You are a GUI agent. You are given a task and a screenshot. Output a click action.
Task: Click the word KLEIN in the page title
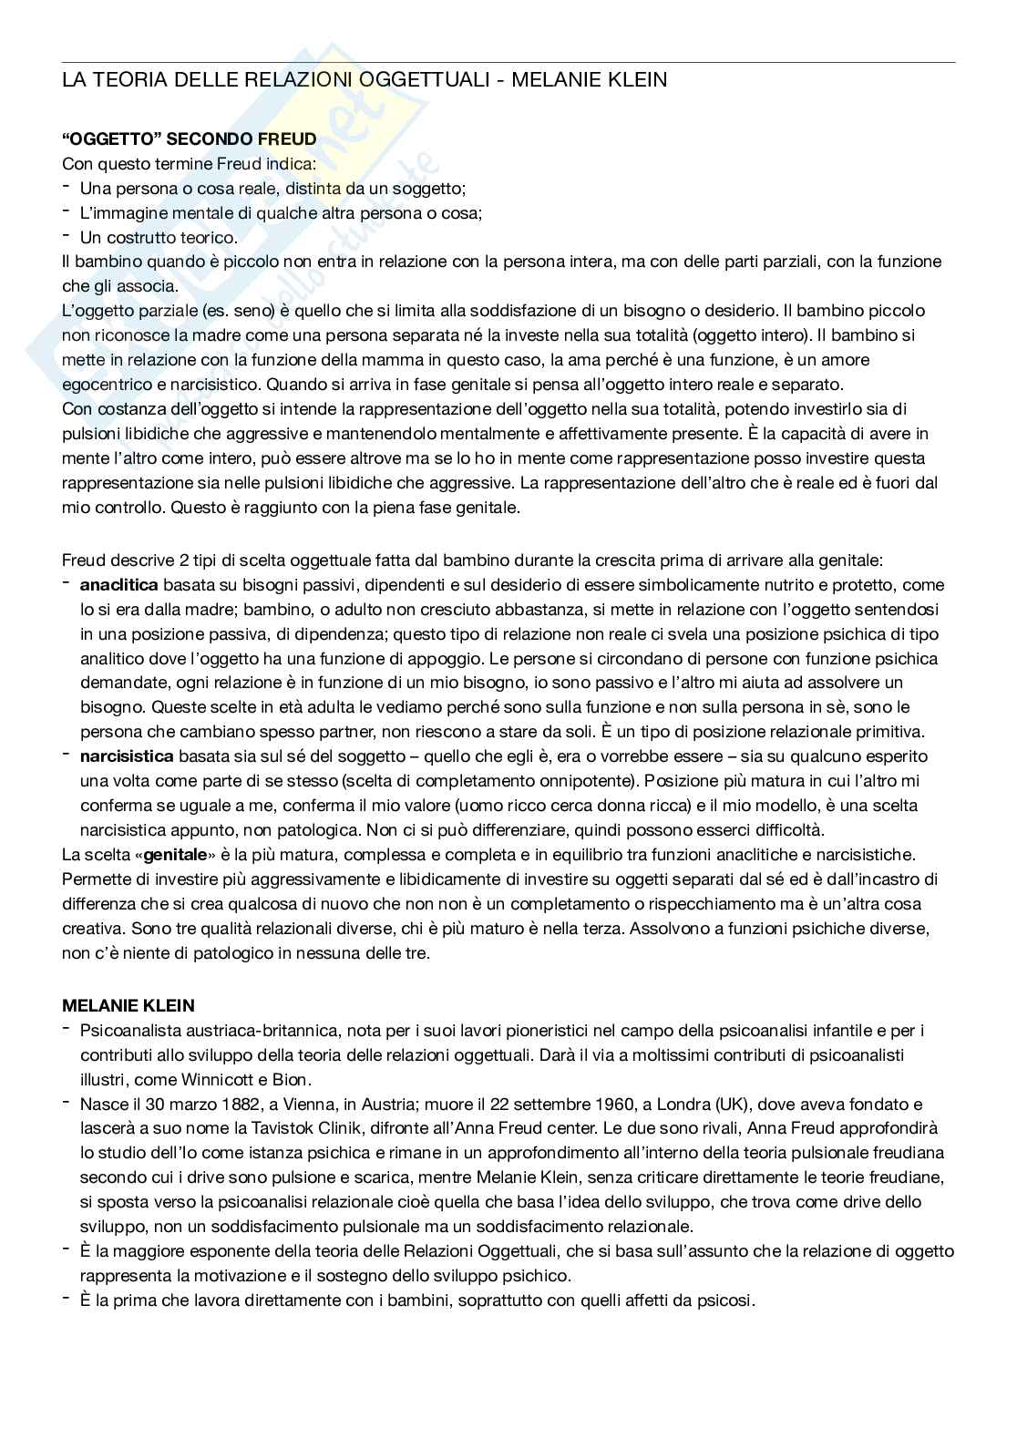point(635,80)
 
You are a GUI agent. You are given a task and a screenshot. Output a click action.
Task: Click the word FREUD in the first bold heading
point(287,139)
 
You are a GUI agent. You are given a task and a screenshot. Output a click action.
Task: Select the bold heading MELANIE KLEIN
point(128,1006)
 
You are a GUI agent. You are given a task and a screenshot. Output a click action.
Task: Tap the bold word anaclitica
point(118,584)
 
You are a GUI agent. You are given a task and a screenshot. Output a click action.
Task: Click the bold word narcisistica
point(127,755)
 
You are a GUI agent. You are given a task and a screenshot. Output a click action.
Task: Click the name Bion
point(292,1080)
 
